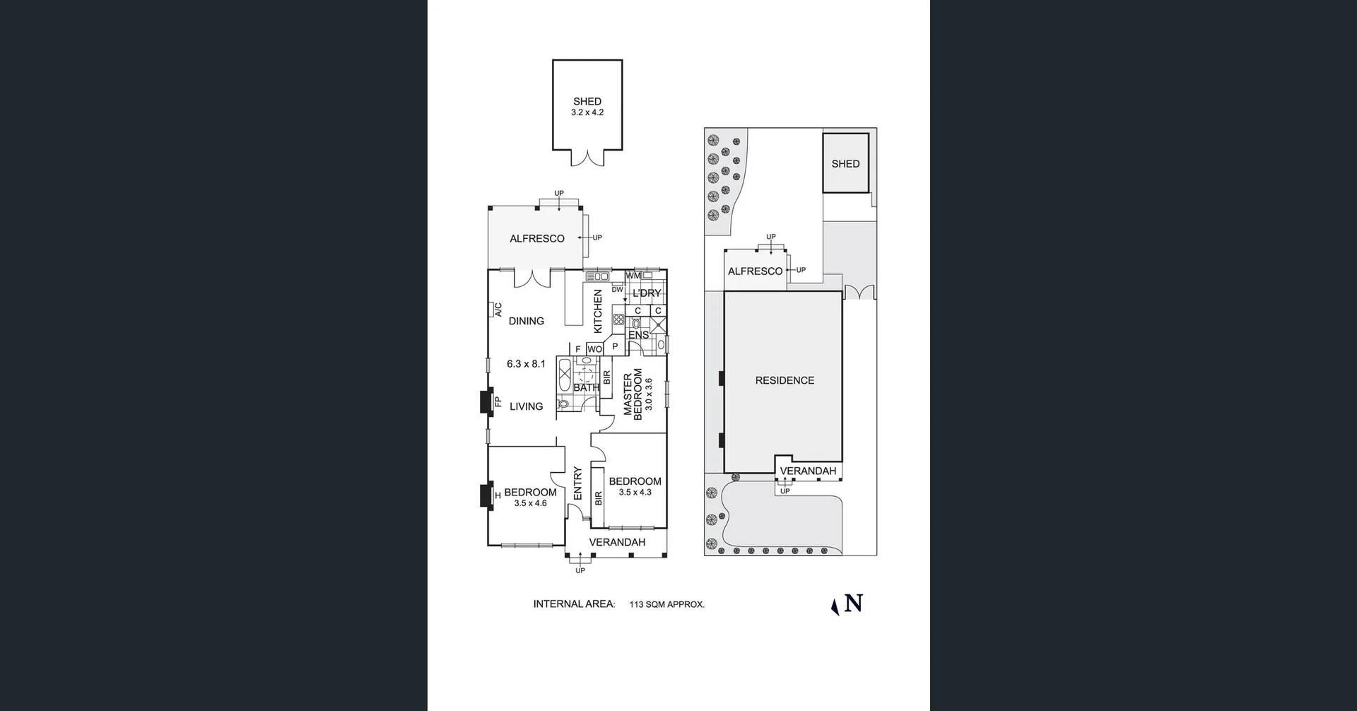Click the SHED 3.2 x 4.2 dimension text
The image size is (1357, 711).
pos(587,112)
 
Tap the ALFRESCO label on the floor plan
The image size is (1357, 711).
pos(537,239)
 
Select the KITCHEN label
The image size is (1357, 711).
pos(598,311)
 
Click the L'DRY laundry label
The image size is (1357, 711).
pos(647,293)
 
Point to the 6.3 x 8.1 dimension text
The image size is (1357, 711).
pos(526,364)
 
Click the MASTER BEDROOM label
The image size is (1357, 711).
pos(633,394)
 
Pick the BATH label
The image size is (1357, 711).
pos(586,387)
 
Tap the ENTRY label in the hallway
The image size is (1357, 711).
pos(577,483)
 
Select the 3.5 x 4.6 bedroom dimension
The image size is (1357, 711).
pos(530,503)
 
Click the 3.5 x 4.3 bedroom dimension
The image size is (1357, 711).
pos(635,493)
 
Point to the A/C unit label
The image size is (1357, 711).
pos(498,310)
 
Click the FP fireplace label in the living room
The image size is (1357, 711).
pos(498,401)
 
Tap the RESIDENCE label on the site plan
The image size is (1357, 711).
pos(785,380)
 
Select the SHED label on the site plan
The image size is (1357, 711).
pos(845,164)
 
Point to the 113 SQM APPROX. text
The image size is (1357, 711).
pos(666,605)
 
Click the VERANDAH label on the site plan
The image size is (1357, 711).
pos(808,471)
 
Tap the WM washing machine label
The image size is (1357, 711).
pos(633,276)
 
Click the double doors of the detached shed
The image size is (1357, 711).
pos(587,158)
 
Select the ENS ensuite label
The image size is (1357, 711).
pos(638,335)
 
